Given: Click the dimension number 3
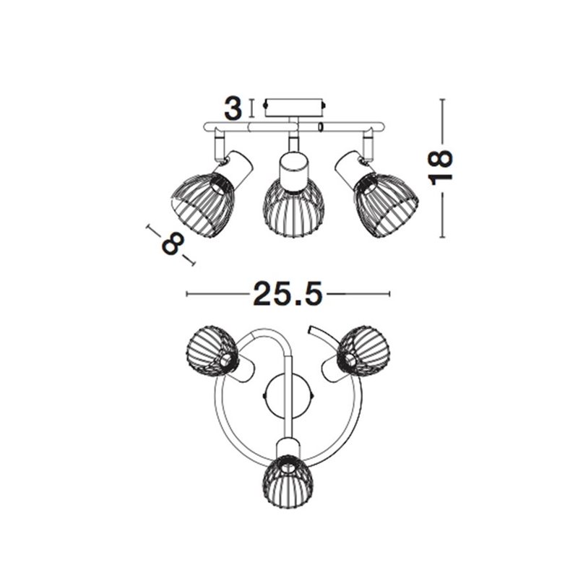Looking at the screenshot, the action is point(233,108).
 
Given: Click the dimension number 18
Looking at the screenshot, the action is point(440,167).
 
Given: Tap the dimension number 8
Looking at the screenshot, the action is point(173,243).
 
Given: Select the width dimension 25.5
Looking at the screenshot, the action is point(288,294).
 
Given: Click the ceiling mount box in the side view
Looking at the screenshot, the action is point(294,108).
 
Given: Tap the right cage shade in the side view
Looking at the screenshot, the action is point(386,204).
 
